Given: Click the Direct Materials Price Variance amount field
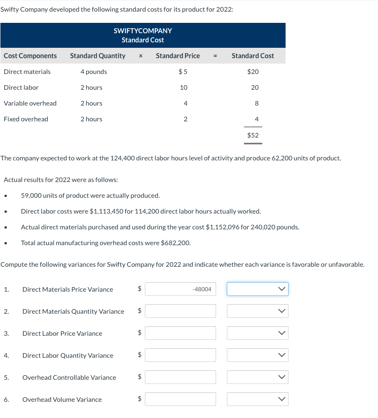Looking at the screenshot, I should click(x=180, y=289).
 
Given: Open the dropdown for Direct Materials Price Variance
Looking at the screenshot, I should click(x=258, y=289).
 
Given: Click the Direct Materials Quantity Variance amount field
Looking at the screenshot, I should click(x=180, y=311).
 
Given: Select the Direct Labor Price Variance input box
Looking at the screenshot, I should click(x=180, y=333).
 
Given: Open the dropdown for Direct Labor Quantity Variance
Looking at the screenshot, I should click(x=258, y=355).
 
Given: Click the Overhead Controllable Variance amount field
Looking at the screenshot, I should click(x=180, y=377).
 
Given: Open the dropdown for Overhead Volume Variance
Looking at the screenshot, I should click(x=258, y=399).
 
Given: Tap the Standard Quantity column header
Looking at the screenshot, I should click(x=97, y=56).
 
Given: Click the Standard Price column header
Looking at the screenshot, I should click(x=178, y=56).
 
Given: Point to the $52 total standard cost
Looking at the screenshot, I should click(x=253, y=135).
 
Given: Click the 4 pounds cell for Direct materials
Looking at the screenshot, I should click(x=94, y=72).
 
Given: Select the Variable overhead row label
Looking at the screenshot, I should click(x=30, y=103).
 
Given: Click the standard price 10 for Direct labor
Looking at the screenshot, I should click(x=184, y=88).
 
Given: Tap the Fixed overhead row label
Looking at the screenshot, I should click(x=26, y=119).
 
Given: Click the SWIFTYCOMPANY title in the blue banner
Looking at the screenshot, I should click(x=143, y=31).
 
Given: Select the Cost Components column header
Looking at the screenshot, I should click(x=30, y=56).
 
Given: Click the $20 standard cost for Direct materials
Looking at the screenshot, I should click(x=253, y=72).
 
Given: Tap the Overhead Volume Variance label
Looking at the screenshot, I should click(x=62, y=400).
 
